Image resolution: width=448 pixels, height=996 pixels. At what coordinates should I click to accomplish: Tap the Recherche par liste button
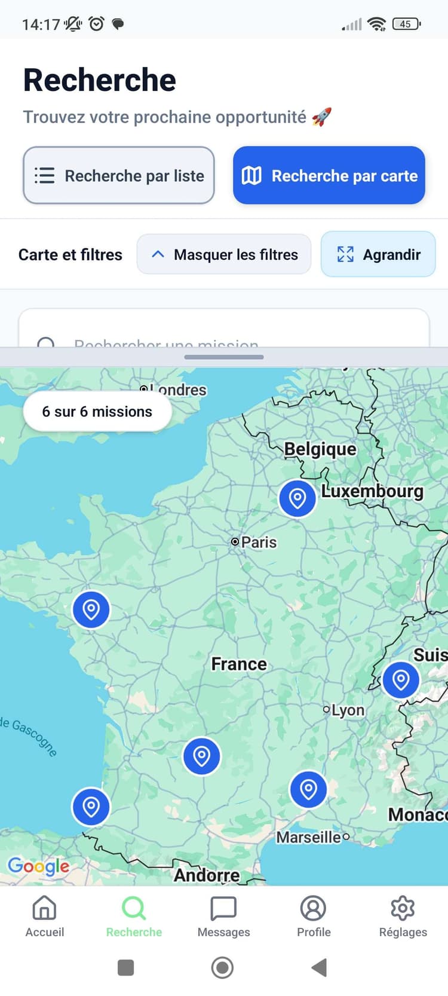pos(119,176)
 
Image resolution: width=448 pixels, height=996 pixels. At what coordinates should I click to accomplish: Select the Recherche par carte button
pos(329,176)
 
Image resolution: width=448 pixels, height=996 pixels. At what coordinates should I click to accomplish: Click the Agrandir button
pos(378,255)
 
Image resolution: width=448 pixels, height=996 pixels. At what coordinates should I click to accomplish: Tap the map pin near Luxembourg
pos(297,498)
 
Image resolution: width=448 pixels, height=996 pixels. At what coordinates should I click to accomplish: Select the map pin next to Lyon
pos(401,679)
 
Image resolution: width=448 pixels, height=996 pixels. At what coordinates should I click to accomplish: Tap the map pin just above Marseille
pos(308,789)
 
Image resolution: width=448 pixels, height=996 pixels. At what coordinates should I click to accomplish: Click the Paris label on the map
pos(258,542)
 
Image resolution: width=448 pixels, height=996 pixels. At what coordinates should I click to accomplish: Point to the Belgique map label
pos(320,449)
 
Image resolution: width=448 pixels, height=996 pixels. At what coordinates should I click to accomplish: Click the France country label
pos(239,664)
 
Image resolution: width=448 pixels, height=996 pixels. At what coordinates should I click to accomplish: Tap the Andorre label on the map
pos(207,875)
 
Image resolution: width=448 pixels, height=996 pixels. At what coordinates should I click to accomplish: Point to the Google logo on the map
pos(39,866)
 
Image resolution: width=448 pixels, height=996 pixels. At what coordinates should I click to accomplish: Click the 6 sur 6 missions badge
pos(97,412)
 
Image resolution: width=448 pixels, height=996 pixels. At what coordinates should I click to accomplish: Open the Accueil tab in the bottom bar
pos(45,916)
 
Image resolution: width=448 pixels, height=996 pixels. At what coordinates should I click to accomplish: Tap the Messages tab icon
pos(224,909)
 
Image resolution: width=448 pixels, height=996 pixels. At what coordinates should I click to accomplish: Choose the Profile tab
pos(314,916)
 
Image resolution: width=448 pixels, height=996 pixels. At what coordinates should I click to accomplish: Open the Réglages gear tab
pos(403,916)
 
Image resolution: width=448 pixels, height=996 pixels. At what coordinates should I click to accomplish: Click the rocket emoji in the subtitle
pos(321,117)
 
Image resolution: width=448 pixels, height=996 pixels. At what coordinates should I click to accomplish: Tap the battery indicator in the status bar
pos(406,24)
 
